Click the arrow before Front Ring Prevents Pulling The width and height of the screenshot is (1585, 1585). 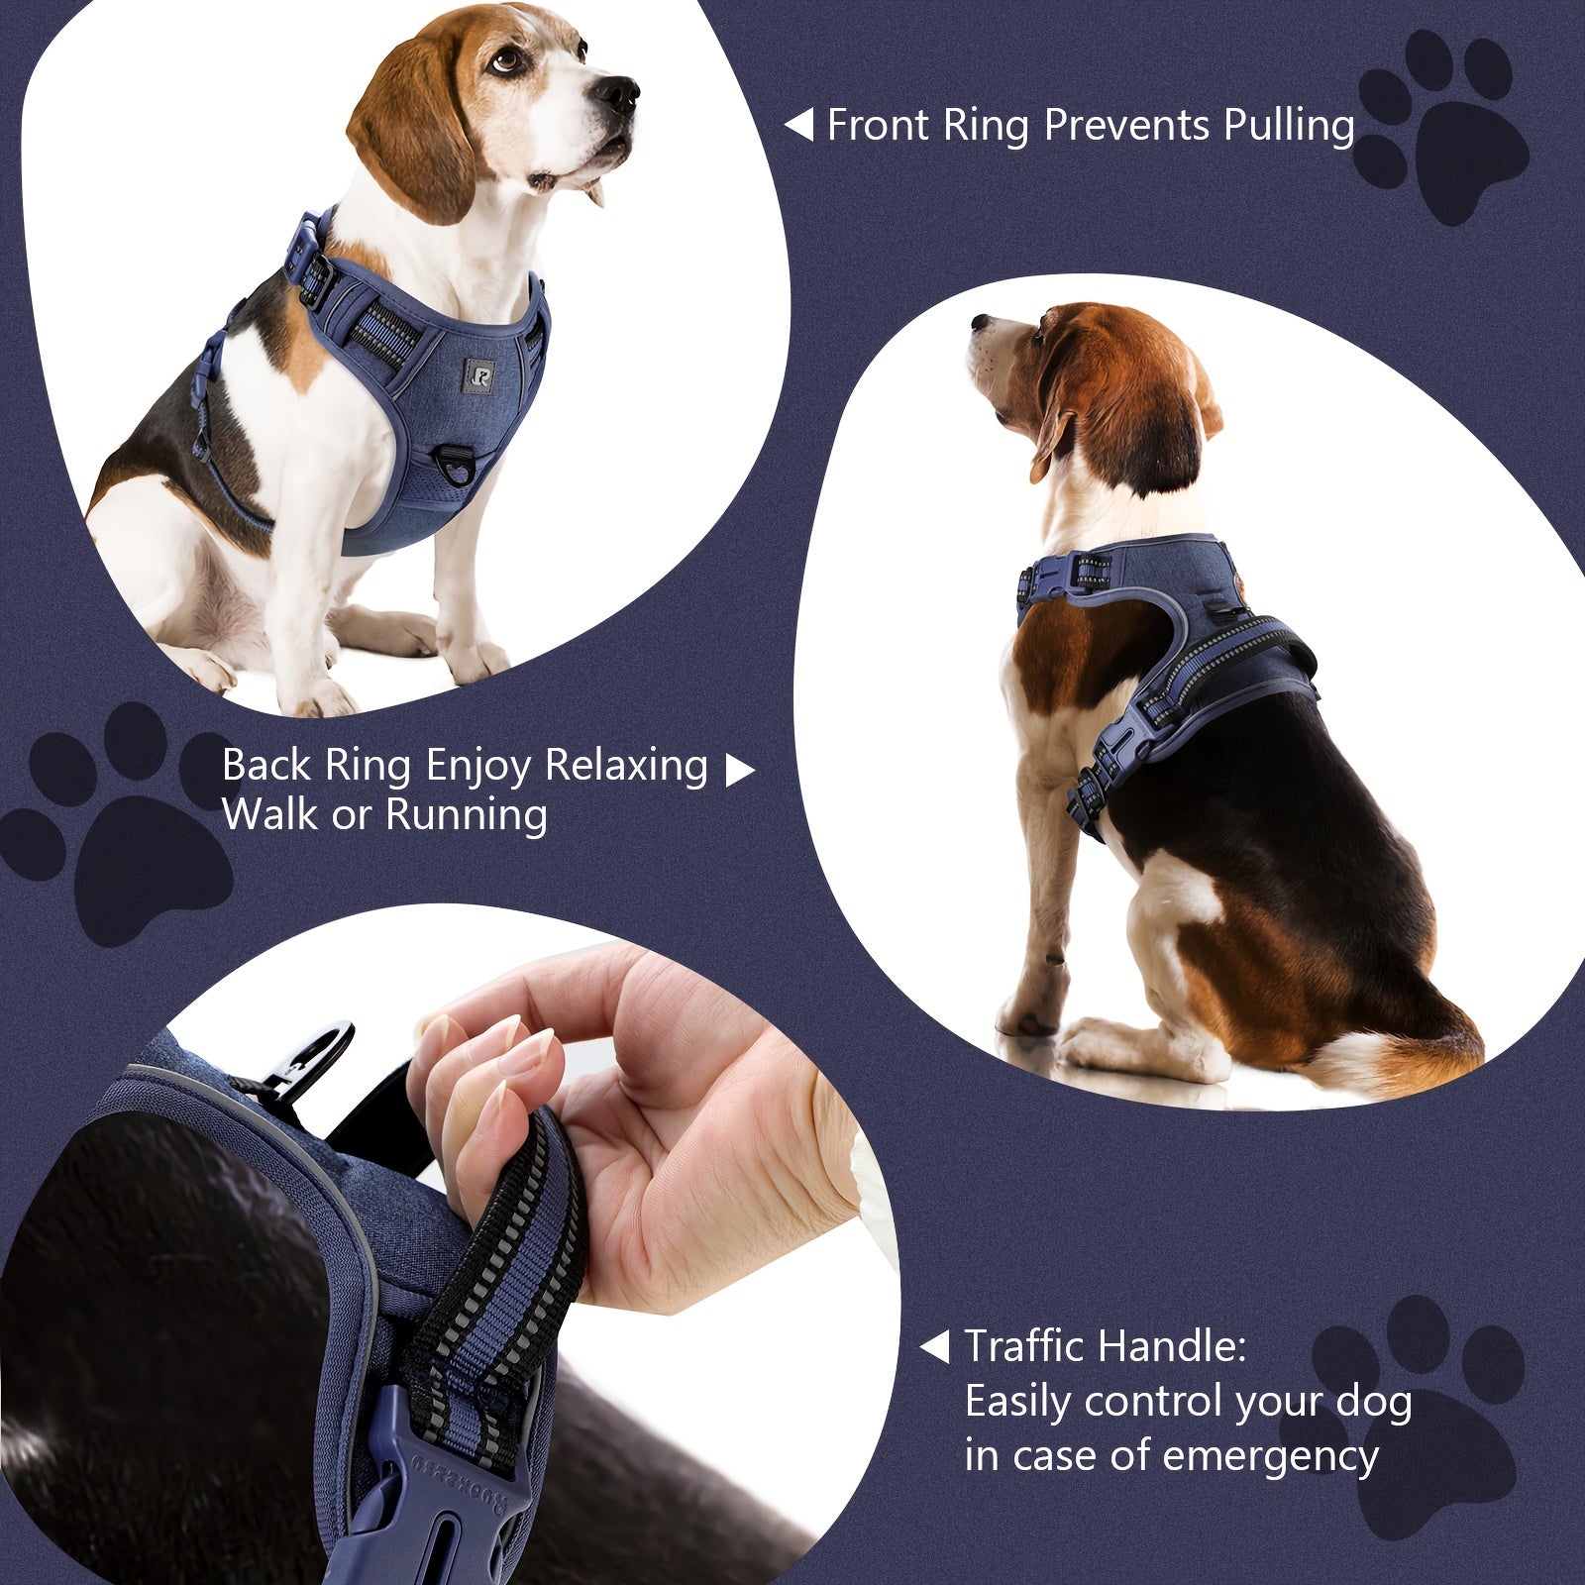pos(798,126)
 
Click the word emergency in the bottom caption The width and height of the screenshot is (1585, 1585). pos(1270,1456)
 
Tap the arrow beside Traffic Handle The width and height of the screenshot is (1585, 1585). pos(934,1347)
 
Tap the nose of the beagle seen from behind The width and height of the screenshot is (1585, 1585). pos(977,323)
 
